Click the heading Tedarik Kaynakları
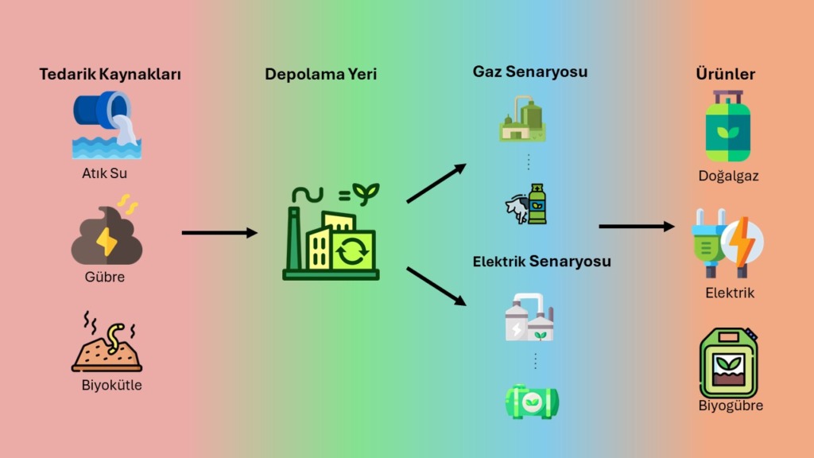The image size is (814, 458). [110, 75]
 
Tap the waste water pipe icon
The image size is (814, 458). [107, 124]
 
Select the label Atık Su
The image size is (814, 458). [106, 172]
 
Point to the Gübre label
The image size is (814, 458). [105, 278]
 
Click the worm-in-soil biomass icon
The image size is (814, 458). [107, 343]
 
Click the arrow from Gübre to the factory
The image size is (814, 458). [219, 233]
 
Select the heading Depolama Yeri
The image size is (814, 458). [320, 75]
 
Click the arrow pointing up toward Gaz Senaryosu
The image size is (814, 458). [436, 184]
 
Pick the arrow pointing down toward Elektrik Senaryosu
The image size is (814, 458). [436, 285]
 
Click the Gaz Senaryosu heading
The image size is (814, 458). [529, 72]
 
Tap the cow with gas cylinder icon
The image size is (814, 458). [527, 204]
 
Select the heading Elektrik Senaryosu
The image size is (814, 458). [541, 261]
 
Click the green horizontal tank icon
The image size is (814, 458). [532, 402]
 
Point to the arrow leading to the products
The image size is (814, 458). [636, 227]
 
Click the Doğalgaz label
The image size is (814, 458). [728, 176]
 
